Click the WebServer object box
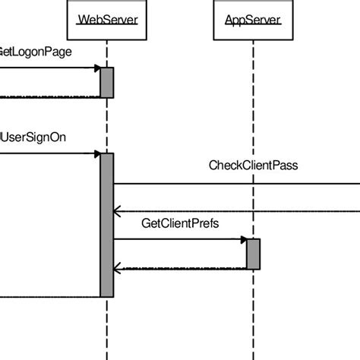click(106, 20)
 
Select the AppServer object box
click(253, 20)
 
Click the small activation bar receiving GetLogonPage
click(106, 82)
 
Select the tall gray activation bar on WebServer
click(106, 225)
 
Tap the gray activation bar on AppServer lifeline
click(253, 254)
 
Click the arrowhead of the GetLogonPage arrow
click(96, 68)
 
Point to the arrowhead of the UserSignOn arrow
click(96, 154)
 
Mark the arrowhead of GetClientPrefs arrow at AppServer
click(243, 240)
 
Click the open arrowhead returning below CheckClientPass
click(117, 211)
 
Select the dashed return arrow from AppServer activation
click(182, 268)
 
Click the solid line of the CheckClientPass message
click(235, 183)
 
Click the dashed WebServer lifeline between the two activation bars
click(106, 125)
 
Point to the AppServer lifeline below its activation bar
click(253, 311)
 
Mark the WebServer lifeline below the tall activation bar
click(106, 327)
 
